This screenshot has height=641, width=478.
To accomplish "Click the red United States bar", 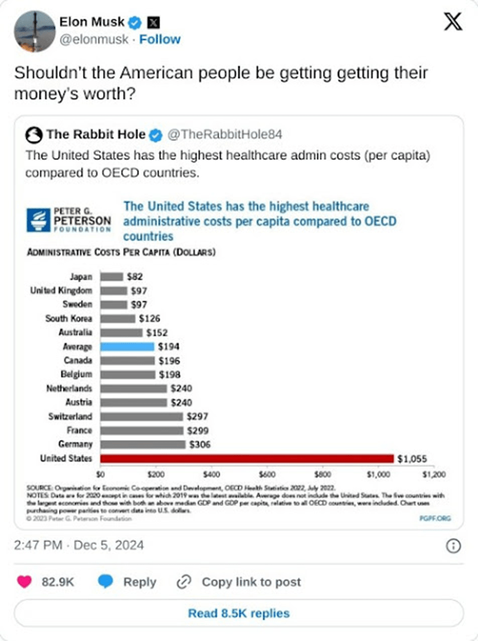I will pyautogui.click(x=247, y=458).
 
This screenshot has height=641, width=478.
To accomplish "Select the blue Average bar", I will pyautogui.click(x=127, y=346).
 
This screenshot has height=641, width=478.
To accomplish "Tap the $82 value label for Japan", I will pyautogui.click(x=134, y=277).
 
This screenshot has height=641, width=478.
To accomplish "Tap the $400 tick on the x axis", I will pyautogui.click(x=211, y=474).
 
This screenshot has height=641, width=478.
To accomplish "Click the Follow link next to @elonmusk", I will pyautogui.click(x=160, y=39).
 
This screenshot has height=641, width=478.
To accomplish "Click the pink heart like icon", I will pyautogui.click(x=24, y=582).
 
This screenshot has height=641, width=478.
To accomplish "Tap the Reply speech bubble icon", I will pyautogui.click(x=105, y=582).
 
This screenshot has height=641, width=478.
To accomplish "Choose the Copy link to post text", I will pyautogui.click(x=251, y=582).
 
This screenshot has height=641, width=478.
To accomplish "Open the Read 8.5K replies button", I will pyautogui.click(x=238, y=613).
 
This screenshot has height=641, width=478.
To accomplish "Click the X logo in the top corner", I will pyautogui.click(x=452, y=23).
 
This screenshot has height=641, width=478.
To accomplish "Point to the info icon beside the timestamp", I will pyautogui.click(x=453, y=546).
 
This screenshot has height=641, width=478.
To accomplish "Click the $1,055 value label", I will pyautogui.click(x=411, y=459).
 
